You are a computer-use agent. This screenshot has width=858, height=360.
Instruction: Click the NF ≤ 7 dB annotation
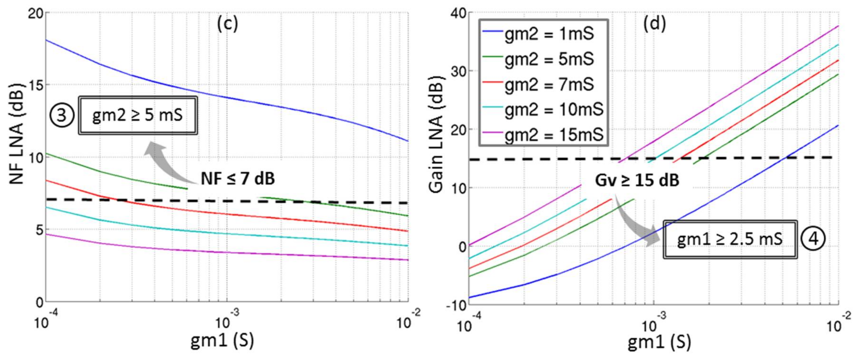click(238, 179)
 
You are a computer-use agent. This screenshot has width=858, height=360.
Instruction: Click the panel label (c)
click(227, 24)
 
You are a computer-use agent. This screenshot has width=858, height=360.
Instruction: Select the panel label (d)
click(655, 24)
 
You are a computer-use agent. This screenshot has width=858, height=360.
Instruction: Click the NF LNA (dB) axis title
click(17, 137)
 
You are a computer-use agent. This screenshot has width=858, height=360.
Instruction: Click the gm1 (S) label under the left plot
click(222, 340)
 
